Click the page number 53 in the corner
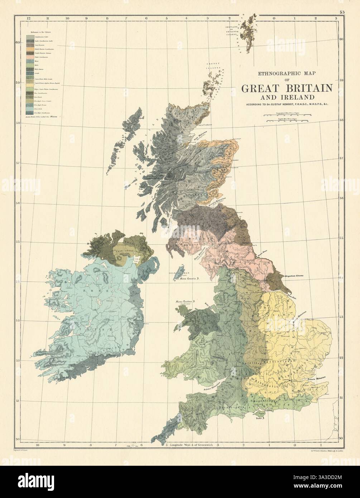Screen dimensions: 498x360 tap(342, 12)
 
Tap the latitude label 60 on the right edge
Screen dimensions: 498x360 tap(341, 39)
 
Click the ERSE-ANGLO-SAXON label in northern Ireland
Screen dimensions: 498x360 tap(128, 251)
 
